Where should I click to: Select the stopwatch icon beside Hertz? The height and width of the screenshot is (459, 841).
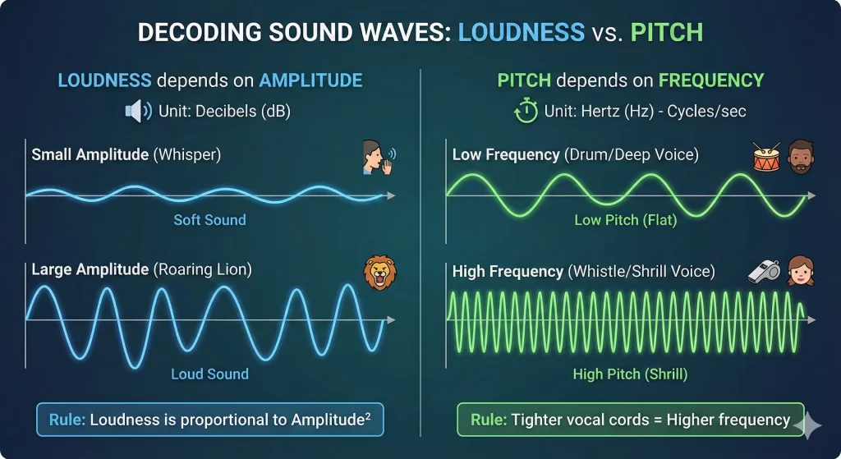[x=526, y=110]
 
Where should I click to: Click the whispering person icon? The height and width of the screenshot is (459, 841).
[x=376, y=158]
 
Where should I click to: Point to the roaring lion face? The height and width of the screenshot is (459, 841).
[x=379, y=273]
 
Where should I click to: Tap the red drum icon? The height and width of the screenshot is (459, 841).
[x=767, y=156]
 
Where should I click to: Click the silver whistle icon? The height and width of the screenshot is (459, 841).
[x=762, y=272]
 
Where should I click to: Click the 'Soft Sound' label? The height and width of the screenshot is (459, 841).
[x=209, y=219]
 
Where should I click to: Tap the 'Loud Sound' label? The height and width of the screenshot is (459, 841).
[x=209, y=374]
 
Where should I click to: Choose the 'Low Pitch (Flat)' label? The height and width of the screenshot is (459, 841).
[x=626, y=219]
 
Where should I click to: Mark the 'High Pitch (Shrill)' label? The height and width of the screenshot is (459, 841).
[x=630, y=374]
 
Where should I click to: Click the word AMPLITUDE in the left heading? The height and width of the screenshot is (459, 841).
[x=311, y=80]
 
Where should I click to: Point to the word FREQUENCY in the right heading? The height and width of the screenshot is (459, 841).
[x=710, y=80]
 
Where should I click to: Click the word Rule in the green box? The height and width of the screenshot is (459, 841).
[x=488, y=420]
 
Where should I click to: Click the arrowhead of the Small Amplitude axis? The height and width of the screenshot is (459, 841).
[x=391, y=195]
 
